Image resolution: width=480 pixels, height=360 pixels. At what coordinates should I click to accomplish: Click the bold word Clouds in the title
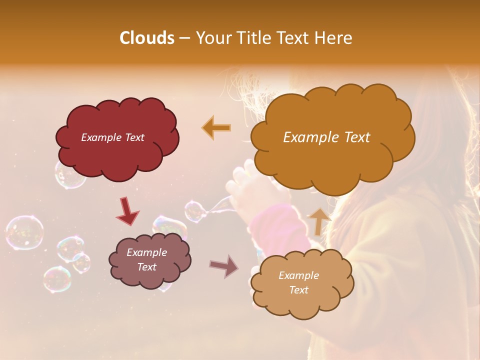coord(146,38)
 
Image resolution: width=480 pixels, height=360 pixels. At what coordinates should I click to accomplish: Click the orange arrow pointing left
coord(216,127)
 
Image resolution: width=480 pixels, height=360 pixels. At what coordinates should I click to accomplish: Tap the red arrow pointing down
coord(127,211)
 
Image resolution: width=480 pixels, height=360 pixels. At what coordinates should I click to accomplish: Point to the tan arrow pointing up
coord(319,221)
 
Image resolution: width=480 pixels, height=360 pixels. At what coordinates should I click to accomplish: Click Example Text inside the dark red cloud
coord(112,137)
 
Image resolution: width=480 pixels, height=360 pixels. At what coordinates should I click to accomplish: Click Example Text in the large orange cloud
coord(326,137)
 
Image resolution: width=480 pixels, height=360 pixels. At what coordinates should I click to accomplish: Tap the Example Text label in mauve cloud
coord(147,260)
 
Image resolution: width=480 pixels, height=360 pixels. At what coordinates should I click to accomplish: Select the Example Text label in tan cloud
coord(298,282)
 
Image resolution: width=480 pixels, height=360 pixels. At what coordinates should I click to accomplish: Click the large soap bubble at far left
coord(24,232)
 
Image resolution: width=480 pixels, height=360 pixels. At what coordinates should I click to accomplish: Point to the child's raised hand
coord(242,192)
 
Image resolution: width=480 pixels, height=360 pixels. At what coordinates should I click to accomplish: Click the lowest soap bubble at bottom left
coord(56,279)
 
